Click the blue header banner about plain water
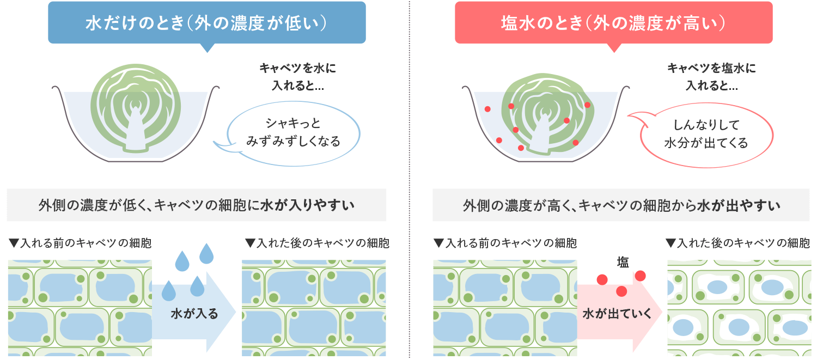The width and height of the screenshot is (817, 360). [x=207, y=23]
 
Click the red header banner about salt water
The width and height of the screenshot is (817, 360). [x=613, y=23]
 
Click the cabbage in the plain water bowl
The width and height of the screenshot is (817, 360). [x=136, y=108]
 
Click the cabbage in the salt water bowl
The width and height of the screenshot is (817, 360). [x=547, y=114]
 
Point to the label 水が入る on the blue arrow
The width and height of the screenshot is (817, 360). [x=194, y=314]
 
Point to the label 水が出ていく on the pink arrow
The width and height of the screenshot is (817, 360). [x=617, y=314]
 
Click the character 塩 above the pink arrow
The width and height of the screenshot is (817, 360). [x=623, y=263]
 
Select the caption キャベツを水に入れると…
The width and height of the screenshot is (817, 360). [x=297, y=77]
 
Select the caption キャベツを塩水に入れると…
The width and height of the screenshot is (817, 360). [x=711, y=77]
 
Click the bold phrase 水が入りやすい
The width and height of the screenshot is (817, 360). [x=308, y=205]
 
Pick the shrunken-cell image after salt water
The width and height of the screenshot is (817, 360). [x=739, y=308]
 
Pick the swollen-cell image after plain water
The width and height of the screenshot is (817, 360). [x=314, y=308]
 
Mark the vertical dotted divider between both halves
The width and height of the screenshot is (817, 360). [x=409, y=179]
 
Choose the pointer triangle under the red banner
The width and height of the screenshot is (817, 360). [x=614, y=47]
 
